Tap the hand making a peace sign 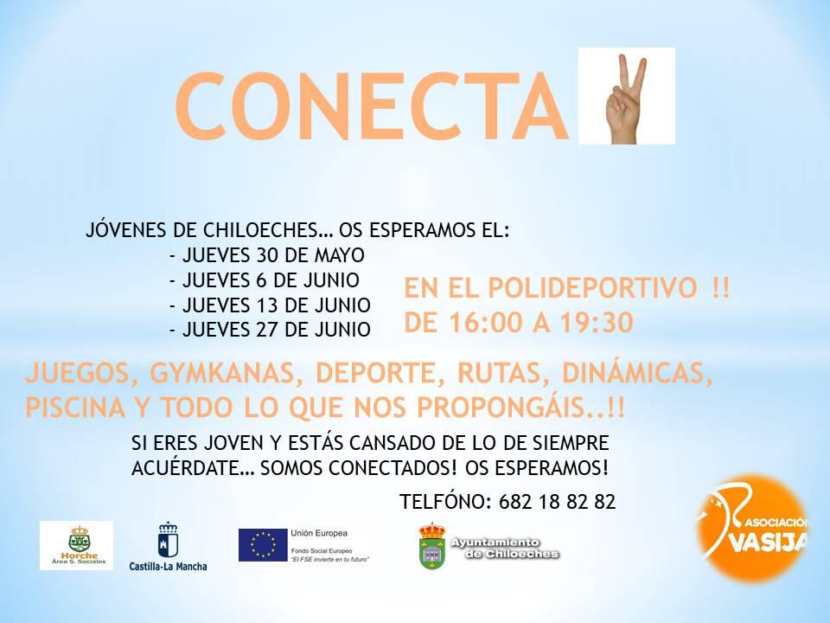pos(627,100)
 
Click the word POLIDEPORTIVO pos(592,287)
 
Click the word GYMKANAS pos(222,373)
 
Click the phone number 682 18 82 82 pos(557,501)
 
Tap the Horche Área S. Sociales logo pos(77,546)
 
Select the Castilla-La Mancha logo pos(168,547)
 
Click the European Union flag pos(263,545)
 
